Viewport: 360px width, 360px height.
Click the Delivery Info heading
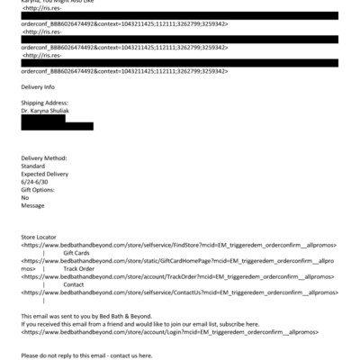[38, 87]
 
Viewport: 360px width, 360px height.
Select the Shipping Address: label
[43, 103]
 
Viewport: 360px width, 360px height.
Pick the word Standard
[32, 166]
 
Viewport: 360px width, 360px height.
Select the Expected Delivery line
[46, 174]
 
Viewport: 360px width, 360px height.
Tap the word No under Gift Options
[25, 197]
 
